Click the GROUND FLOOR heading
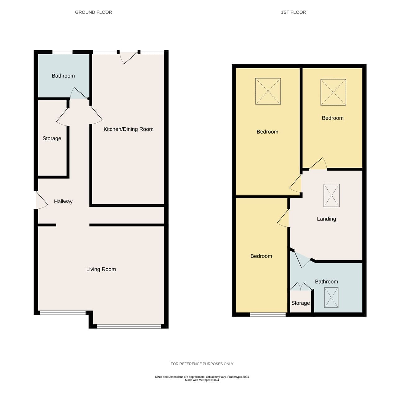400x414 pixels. pyautogui.click(x=93, y=12)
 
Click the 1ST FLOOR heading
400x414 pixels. pyautogui.click(x=293, y=12)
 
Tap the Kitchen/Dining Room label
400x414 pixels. pyautogui.click(x=128, y=129)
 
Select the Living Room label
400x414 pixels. pyautogui.click(x=101, y=269)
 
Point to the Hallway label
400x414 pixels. pyautogui.click(x=63, y=202)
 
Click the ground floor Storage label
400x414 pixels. pyautogui.click(x=52, y=139)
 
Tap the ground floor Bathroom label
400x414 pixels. pyautogui.click(x=63, y=76)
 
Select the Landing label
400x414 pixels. pyautogui.click(x=326, y=219)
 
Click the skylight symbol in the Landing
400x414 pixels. pyautogui.click(x=331, y=195)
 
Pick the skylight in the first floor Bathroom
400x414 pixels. pyautogui.click(x=331, y=298)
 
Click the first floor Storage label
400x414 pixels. pyautogui.click(x=300, y=303)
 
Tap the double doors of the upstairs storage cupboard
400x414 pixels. pyautogui.click(x=301, y=286)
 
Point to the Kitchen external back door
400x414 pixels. pyautogui.click(x=128, y=57)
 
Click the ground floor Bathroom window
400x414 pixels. pyautogui.click(x=62, y=52)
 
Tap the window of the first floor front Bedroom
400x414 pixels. pyautogui.click(x=268, y=314)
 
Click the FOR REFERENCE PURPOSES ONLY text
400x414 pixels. pyautogui.click(x=202, y=364)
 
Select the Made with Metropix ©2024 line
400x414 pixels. pyautogui.click(x=202, y=380)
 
